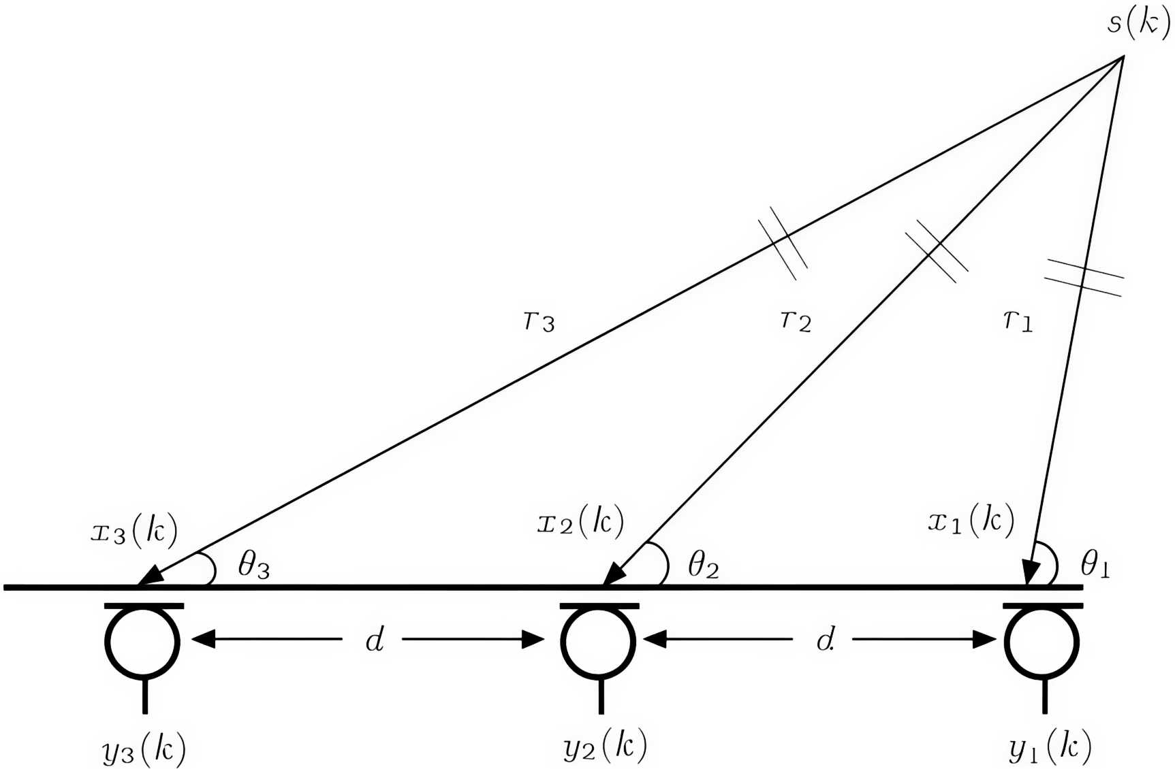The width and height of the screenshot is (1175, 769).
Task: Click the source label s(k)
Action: [x=1138, y=23]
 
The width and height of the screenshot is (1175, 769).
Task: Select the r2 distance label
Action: [x=796, y=319]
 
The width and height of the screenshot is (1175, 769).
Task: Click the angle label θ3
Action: [x=253, y=564]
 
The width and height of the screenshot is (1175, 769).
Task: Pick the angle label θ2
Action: [x=704, y=564]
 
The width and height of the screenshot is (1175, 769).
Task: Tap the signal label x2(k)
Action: [x=580, y=523]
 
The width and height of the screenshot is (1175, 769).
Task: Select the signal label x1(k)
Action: [x=971, y=521]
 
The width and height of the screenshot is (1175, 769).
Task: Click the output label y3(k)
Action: [x=144, y=749]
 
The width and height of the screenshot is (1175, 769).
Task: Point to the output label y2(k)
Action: [x=605, y=746]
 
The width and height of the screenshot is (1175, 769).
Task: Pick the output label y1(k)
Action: [x=1050, y=747]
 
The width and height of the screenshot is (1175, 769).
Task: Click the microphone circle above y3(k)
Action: [x=142, y=641]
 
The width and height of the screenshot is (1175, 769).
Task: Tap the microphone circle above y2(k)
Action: [x=598, y=641]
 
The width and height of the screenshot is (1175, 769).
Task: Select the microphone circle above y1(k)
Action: [x=1042, y=641]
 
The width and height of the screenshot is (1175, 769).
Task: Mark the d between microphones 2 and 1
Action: [x=825, y=640]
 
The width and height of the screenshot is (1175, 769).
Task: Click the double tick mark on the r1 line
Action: [x=1083, y=277]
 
